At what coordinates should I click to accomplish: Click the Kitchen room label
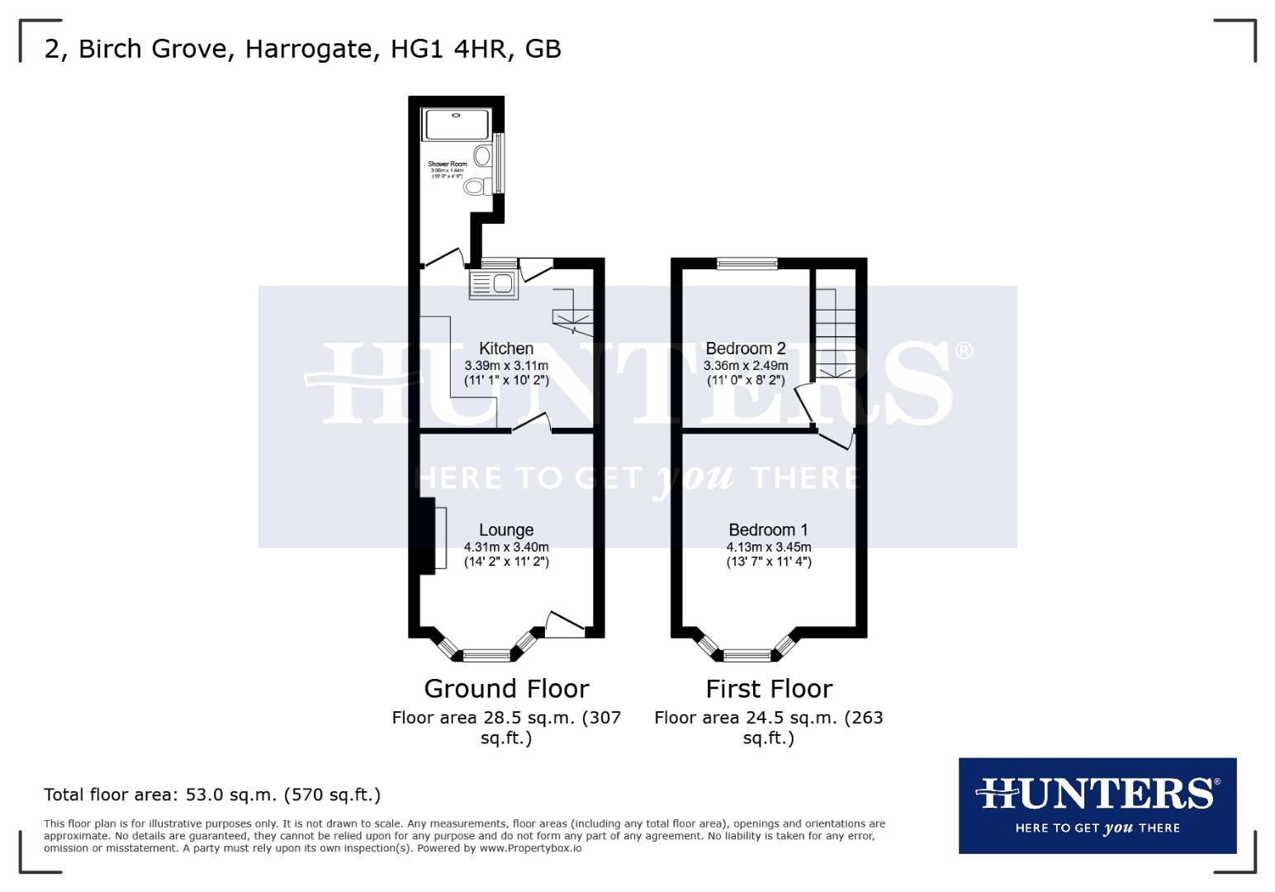tap(506, 349)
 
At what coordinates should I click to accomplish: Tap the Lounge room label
tap(506, 530)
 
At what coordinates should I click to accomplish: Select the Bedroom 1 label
tap(768, 530)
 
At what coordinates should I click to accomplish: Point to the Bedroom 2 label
tap(745, 349)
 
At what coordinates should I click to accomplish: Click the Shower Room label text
tap(448, 164)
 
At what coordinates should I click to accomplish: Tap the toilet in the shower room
tap(475, 187)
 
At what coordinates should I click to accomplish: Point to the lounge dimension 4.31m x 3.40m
tap(506, 547)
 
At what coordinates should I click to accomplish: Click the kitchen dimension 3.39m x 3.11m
tap(506, 365)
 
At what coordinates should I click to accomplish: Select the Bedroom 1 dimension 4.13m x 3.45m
tap(768, 547)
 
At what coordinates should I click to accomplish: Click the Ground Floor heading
tap(506, 688)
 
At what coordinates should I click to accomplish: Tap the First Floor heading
tap(769, 688)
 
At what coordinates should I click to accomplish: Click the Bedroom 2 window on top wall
tap(747, 263)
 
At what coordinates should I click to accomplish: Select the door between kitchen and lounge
tap(533, 423)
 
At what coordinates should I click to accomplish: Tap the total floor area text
tap(212, 795)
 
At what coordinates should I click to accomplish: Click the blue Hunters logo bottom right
tap(1097, 805)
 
